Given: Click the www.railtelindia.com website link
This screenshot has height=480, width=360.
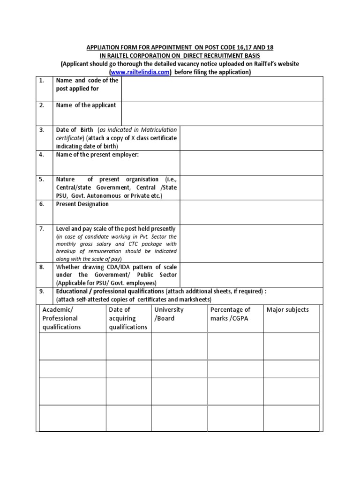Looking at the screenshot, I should [x=139, y=72].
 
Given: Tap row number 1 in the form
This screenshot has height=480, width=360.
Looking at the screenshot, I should [x=42, y=80].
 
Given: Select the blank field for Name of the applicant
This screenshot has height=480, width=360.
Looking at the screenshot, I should [x=222, y=113].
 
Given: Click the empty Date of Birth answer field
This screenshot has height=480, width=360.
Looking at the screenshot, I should [x=251, y=138].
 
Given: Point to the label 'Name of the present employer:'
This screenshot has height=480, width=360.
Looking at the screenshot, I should [x=97, y=155].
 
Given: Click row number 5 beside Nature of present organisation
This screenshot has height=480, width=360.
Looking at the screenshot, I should [x=42, y=179].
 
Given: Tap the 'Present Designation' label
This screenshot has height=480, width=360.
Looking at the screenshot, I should [x=82, y=204].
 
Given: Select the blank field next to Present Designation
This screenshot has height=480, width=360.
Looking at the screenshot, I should [x=251, y=212].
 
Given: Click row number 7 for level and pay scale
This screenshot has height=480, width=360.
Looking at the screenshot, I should [x=42, y=229].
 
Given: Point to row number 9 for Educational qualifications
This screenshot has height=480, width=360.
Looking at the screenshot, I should [x=42, y=291].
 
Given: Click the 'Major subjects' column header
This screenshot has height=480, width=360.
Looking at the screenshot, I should [x=287, y=310].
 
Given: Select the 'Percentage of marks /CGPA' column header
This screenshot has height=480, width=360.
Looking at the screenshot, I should [x=231, y=314].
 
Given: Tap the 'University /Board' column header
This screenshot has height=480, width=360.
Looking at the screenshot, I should [x=169, y=314].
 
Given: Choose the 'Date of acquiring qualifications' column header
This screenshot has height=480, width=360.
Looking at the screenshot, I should [x=128, y=318].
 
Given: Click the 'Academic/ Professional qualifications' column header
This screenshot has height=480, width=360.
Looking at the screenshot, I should [x=62, y=318].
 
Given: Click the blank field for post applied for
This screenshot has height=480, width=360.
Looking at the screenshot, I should [x=222, y=89].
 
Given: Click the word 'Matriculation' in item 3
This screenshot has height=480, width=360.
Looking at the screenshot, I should [x=157, y=129].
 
